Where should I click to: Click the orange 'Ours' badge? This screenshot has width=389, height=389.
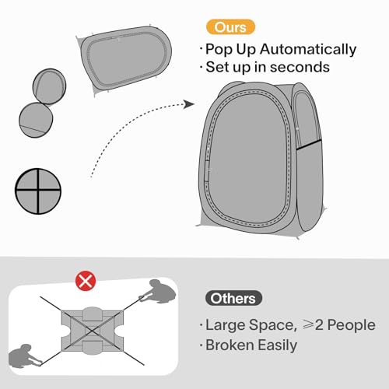click(230, 27)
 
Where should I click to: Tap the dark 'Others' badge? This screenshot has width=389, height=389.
click(233, 298)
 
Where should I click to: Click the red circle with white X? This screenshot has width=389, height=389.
click(86, 281)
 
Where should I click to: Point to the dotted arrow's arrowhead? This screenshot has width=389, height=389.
click(189, 104)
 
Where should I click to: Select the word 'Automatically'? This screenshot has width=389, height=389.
click(308, 49)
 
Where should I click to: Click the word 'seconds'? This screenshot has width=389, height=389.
click(300, 67)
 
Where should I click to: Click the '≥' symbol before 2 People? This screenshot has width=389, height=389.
click(308, 324)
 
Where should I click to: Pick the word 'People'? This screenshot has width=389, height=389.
click(351, 324)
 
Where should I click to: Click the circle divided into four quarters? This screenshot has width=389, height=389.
click(38, 191)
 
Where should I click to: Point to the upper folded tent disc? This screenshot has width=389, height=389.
click(49, 86)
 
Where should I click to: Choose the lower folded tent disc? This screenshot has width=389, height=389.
click(36, 120)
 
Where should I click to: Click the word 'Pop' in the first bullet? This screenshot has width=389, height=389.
click(219, 49)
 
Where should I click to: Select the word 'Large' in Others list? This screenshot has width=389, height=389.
click(225, 325)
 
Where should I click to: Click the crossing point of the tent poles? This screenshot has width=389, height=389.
click(91, 331)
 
